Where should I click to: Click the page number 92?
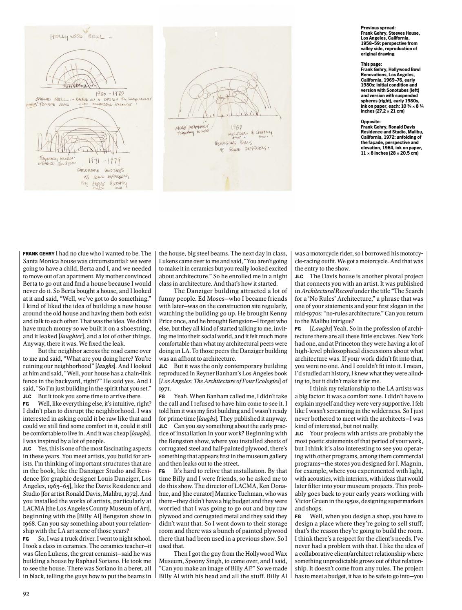(x=26, y=594)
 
